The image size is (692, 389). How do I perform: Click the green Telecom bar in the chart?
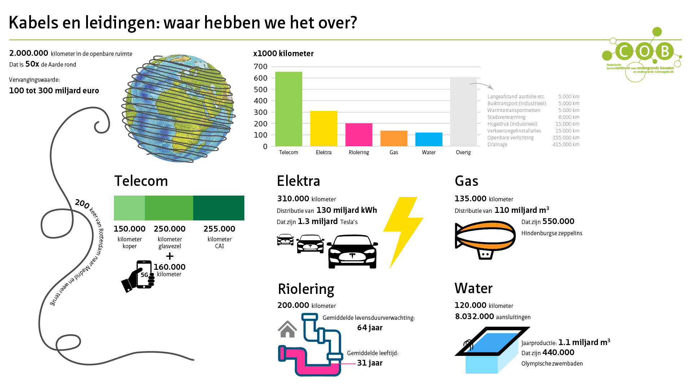click(289, 109)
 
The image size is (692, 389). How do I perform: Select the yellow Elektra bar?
click(324, 129)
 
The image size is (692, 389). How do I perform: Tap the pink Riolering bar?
click(359, 135)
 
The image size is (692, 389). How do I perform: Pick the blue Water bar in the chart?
click(429, 139)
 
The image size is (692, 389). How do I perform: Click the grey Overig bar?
click(463, 112)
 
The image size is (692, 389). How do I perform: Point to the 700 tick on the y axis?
click(261, 67)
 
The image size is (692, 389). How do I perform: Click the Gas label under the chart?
click(394, 152)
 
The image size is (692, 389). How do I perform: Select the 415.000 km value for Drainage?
click(566, 144)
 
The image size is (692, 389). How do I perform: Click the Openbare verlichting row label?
click(510, 138)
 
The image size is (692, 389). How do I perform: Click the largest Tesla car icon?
click(352, 252)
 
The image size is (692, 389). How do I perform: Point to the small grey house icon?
click(287, 329)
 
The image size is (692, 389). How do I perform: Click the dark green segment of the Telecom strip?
click(219, 208)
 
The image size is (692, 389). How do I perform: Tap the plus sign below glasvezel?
click(170, 256)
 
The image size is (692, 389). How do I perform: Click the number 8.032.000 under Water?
click(474, 317)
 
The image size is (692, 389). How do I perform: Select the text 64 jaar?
click(370, 328)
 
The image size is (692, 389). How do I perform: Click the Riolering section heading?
click(306, 289)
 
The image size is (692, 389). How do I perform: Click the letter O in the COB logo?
click(645, 51)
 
